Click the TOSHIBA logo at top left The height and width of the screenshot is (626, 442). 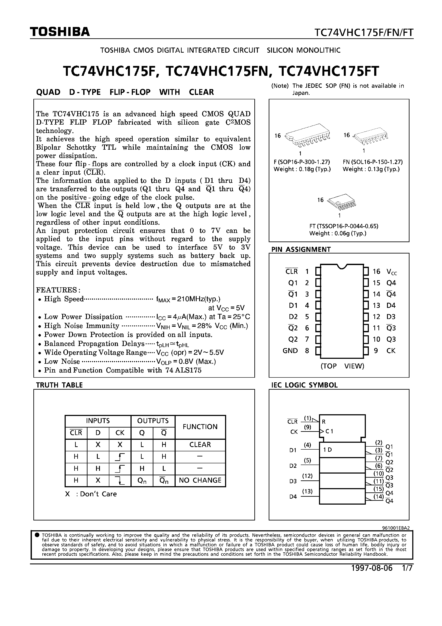tap(60, 32)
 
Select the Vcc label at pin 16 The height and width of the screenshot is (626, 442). tap(392, 272)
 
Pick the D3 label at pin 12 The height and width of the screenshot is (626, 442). tap(391, 317)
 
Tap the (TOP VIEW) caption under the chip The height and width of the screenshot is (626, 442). tap(342, 366)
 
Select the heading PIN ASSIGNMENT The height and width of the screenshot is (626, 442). tap(301, 249)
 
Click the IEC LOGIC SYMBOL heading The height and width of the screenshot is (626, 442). tap(304, 385)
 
